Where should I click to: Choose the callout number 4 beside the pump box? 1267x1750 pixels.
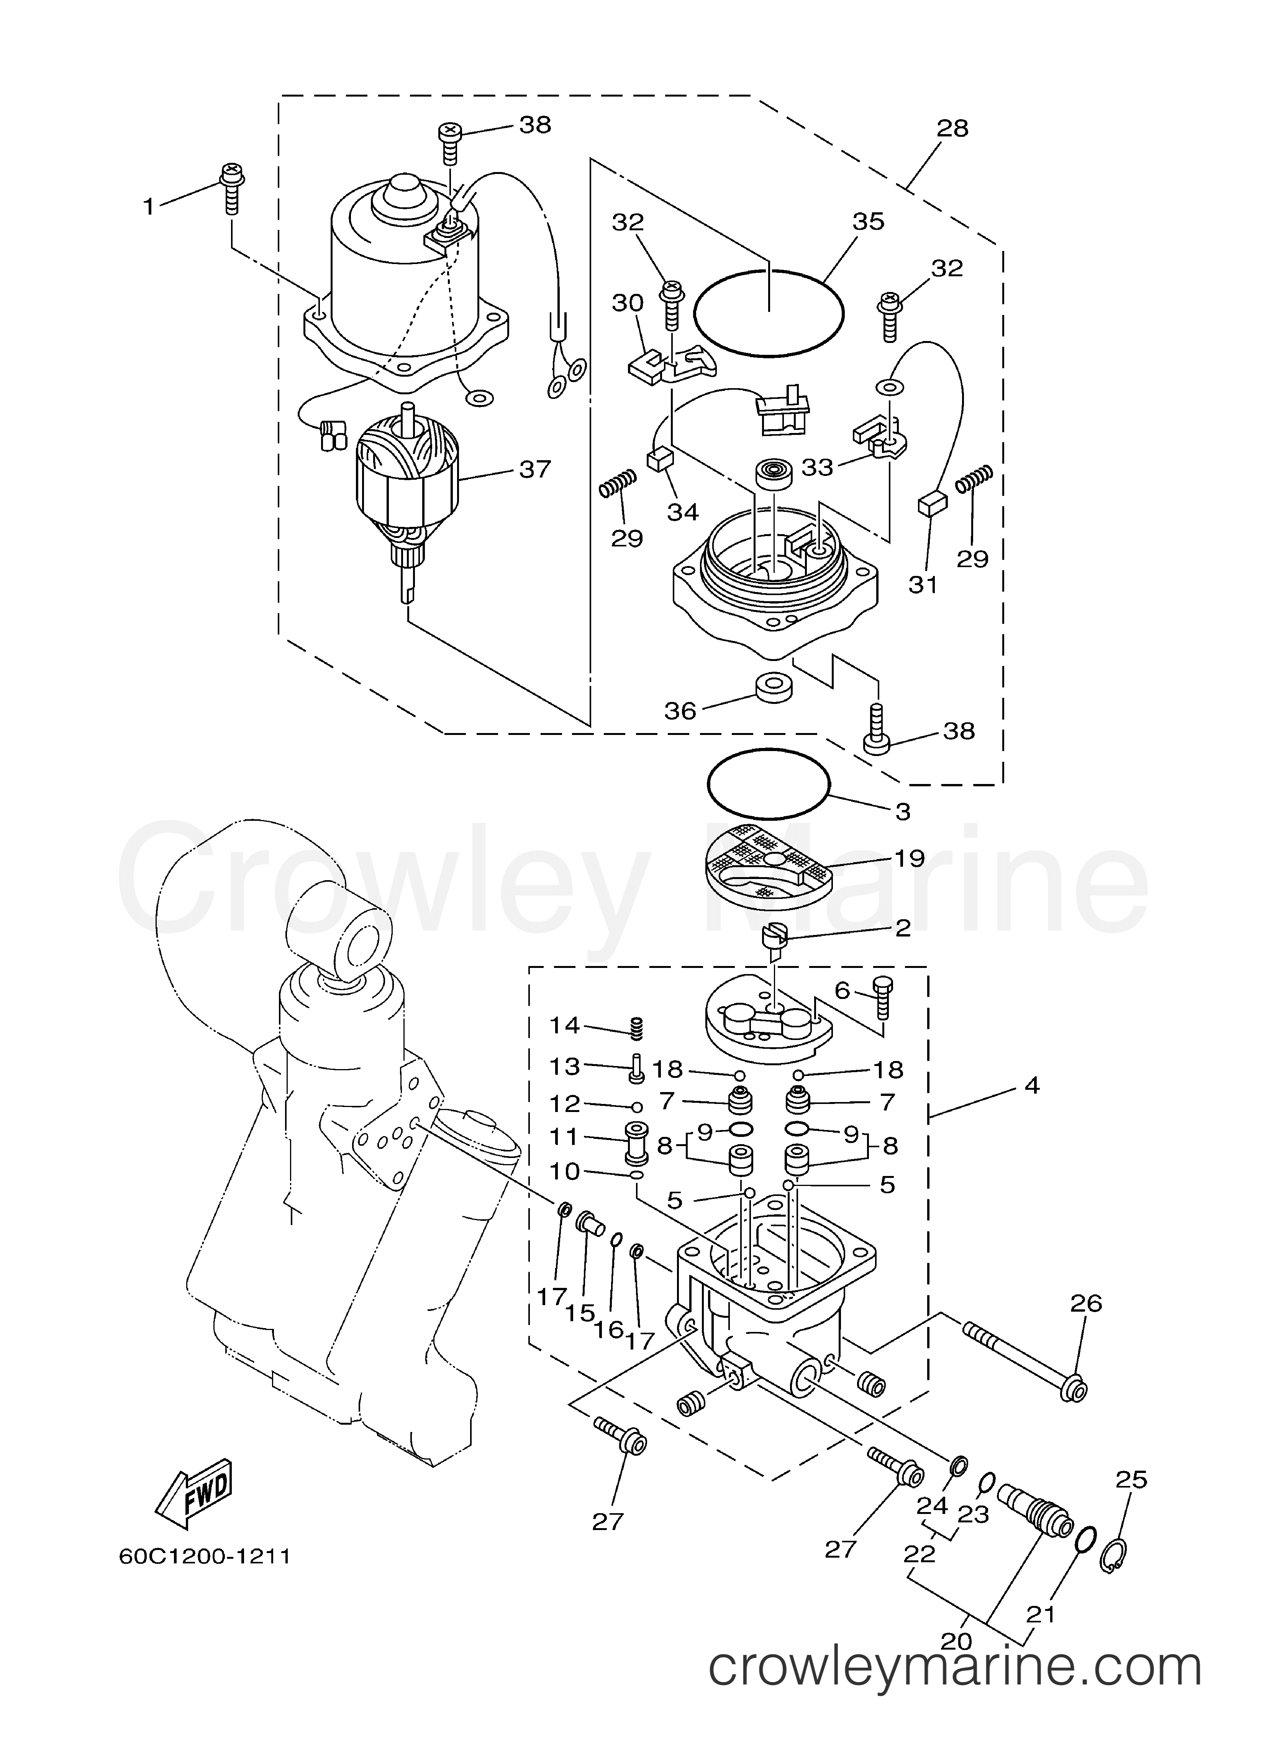point(1032,1086)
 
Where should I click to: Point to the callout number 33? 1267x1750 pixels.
point(818,467)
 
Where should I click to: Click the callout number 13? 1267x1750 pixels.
point(564,1066)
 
